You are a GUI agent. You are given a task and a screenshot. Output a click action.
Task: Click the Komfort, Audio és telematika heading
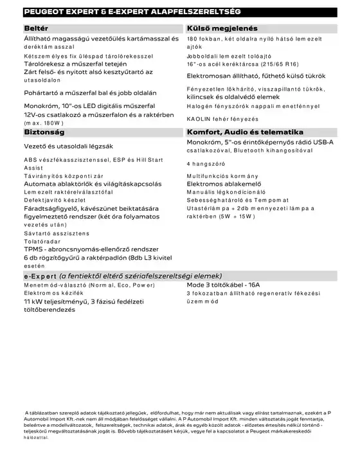pos(244,132)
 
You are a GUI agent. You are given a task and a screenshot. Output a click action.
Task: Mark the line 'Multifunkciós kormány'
pos(222,175)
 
